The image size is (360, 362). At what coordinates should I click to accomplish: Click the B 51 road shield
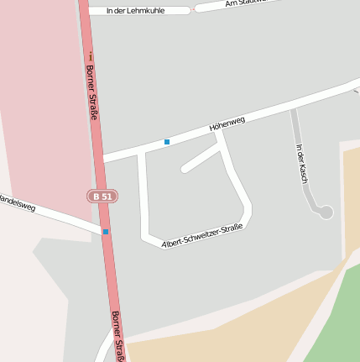(102, 196)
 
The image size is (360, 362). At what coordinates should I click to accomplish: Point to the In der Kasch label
(302, 163)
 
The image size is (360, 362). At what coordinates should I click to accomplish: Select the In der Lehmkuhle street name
(137, 11)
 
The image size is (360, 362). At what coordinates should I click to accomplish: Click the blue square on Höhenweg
(167, 142)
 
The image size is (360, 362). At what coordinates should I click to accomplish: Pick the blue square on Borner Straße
(106, 231)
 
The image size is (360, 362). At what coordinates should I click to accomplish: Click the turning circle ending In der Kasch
(326, 212)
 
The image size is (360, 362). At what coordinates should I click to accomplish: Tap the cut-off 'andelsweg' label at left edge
(17, 202)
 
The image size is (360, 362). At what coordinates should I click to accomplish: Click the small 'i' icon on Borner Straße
(89, 56)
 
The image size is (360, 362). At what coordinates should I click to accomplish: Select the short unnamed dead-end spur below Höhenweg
(200, 158)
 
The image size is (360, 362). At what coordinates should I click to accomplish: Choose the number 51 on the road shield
(107, 196)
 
